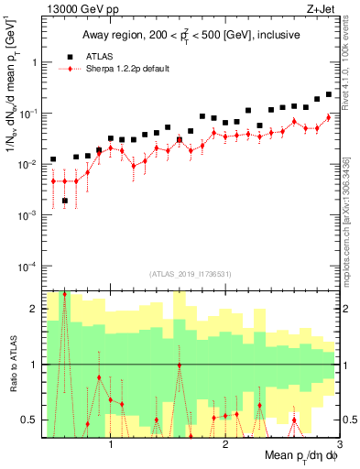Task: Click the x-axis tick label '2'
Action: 225,444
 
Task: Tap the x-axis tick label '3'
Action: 338,444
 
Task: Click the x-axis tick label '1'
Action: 111,444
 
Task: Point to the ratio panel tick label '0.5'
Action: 29,420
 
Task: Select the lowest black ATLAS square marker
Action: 64,201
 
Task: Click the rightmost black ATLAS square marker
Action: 329,93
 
